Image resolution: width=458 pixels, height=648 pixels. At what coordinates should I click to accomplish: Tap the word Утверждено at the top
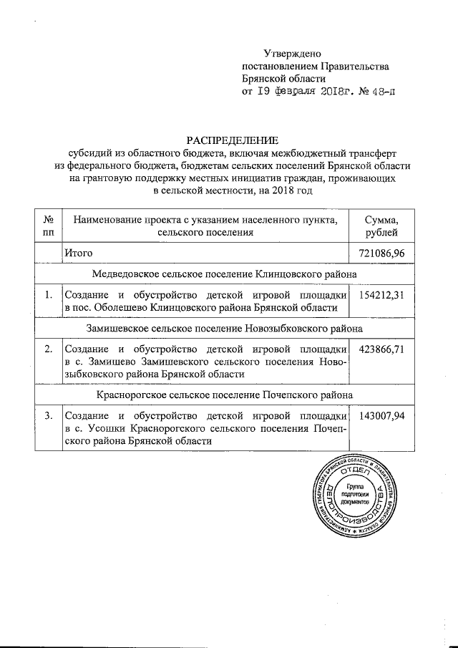click(293, 54)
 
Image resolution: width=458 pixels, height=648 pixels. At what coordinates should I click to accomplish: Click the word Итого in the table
click(79, 253)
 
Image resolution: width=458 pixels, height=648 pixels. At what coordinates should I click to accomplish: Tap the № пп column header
click(48, 226)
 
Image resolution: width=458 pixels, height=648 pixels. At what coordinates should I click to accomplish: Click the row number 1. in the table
click(48, 295)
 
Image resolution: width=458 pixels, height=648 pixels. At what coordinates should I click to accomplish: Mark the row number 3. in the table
click(48, 416)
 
